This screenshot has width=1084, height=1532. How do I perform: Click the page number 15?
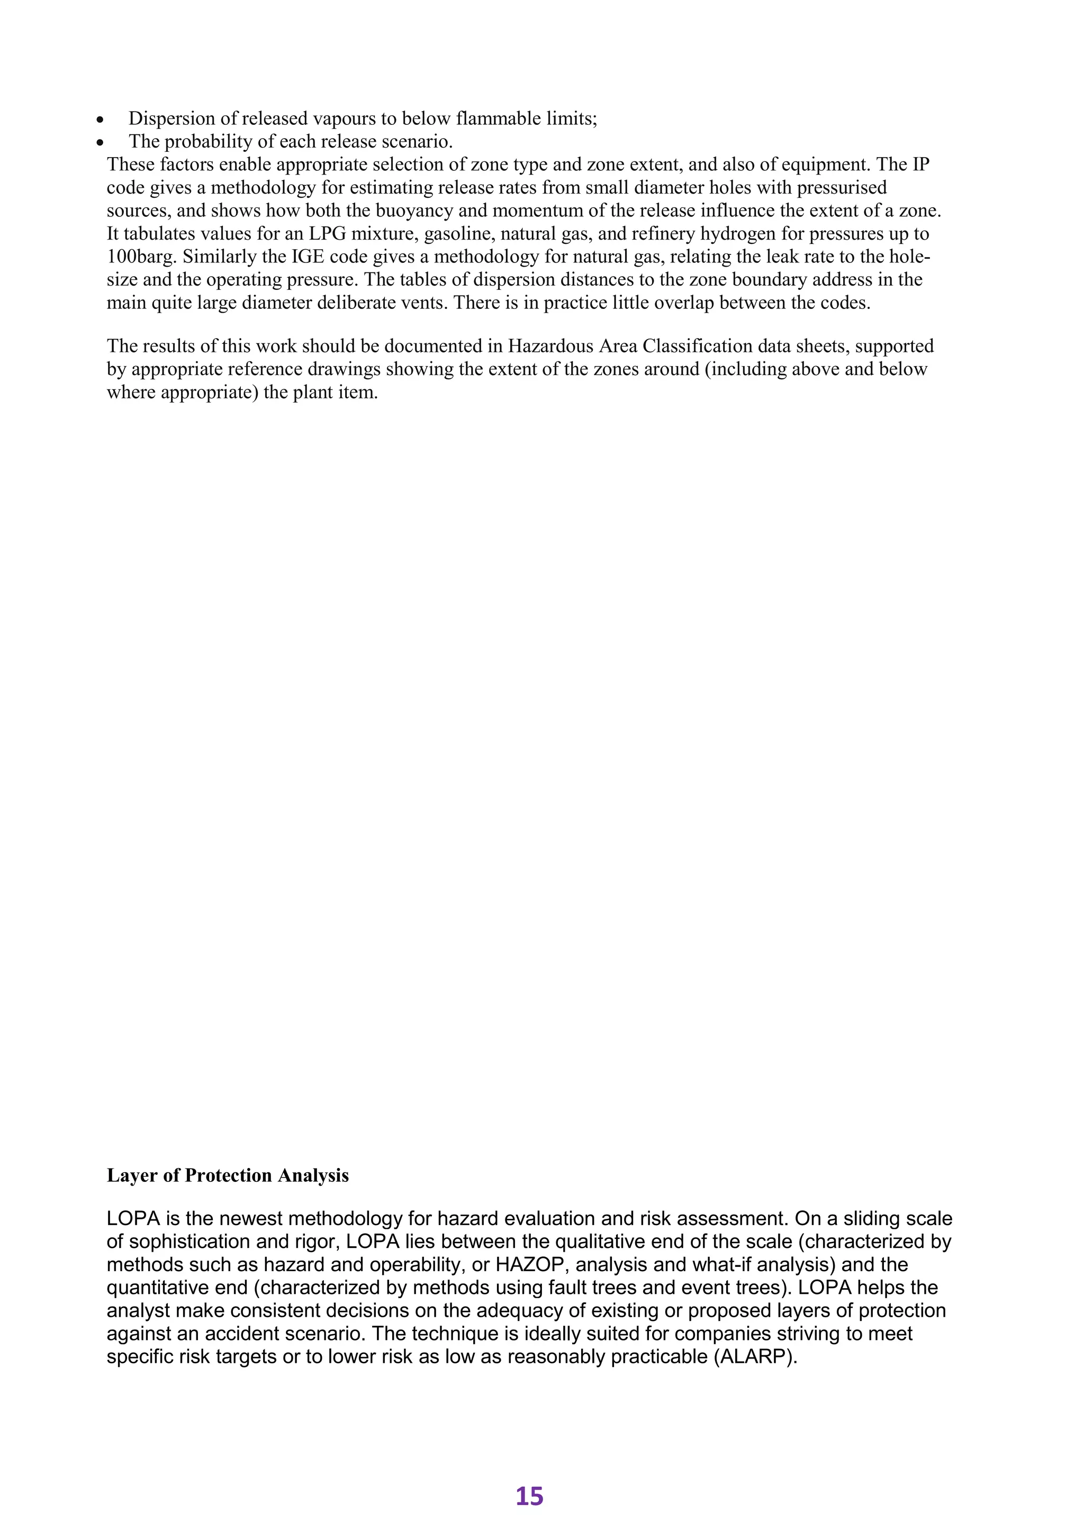pyautogui.click(x=529, y=1496)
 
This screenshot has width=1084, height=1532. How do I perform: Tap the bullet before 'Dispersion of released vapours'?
pyautogui.click(x=100, y=120)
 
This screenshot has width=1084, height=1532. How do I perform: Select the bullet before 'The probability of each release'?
pyautogui.click(x=100, y=143)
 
